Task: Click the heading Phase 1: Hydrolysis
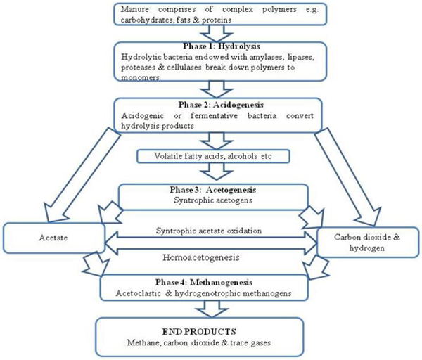pos(222,46)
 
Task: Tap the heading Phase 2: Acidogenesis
pos(221,105)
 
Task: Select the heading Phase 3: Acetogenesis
pos(212,190)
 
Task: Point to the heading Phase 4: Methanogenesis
pos(204,282)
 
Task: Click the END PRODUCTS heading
pos(199,331)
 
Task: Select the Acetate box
pos(53,238)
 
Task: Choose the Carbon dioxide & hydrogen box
pos(368,242)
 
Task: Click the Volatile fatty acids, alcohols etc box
pos(213,156)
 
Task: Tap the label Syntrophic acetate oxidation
pos(209,231)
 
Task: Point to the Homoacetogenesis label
pos(200,257)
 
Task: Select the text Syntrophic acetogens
pos(213,200)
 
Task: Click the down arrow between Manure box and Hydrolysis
pos(217,34)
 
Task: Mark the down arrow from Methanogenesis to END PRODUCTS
pos(212,309)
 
